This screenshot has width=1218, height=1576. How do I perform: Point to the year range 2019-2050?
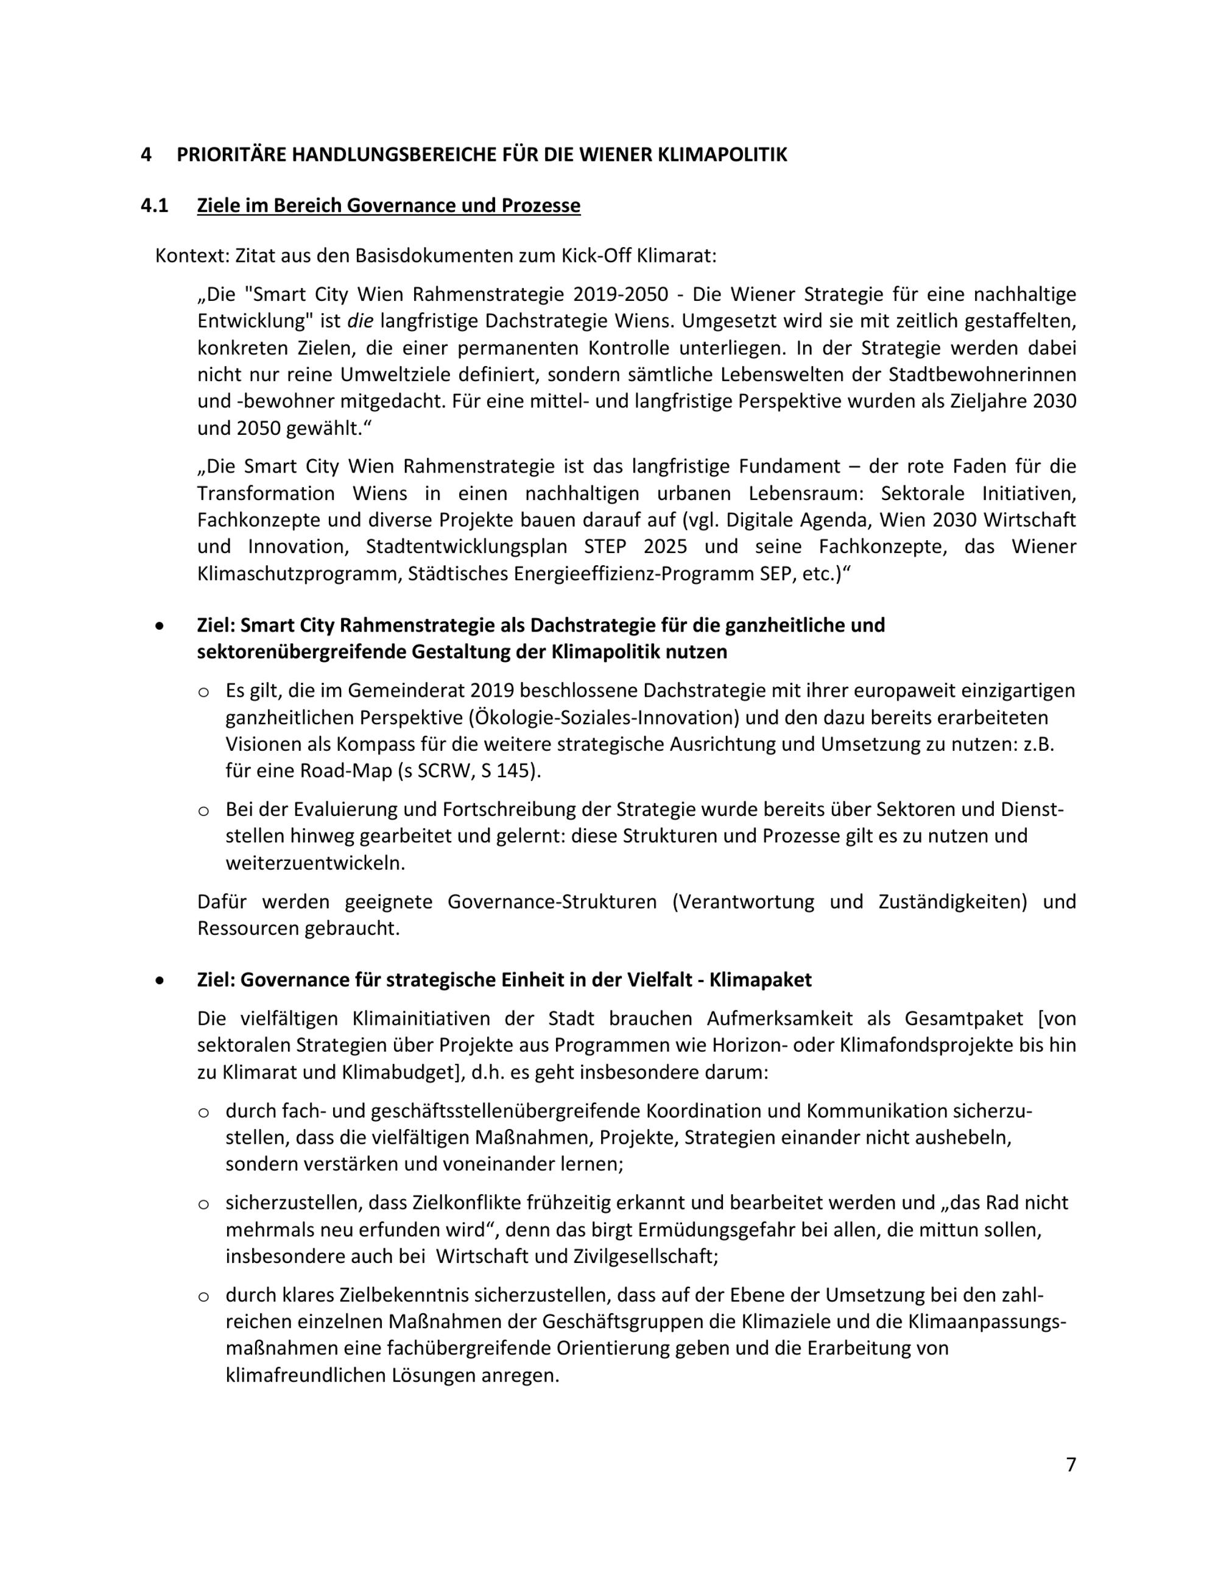point(621,294)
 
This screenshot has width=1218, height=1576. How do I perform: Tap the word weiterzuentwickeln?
point(315,862)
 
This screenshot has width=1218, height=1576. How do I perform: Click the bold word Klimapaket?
point(761,979)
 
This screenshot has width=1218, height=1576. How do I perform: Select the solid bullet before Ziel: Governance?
point(160,980)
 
